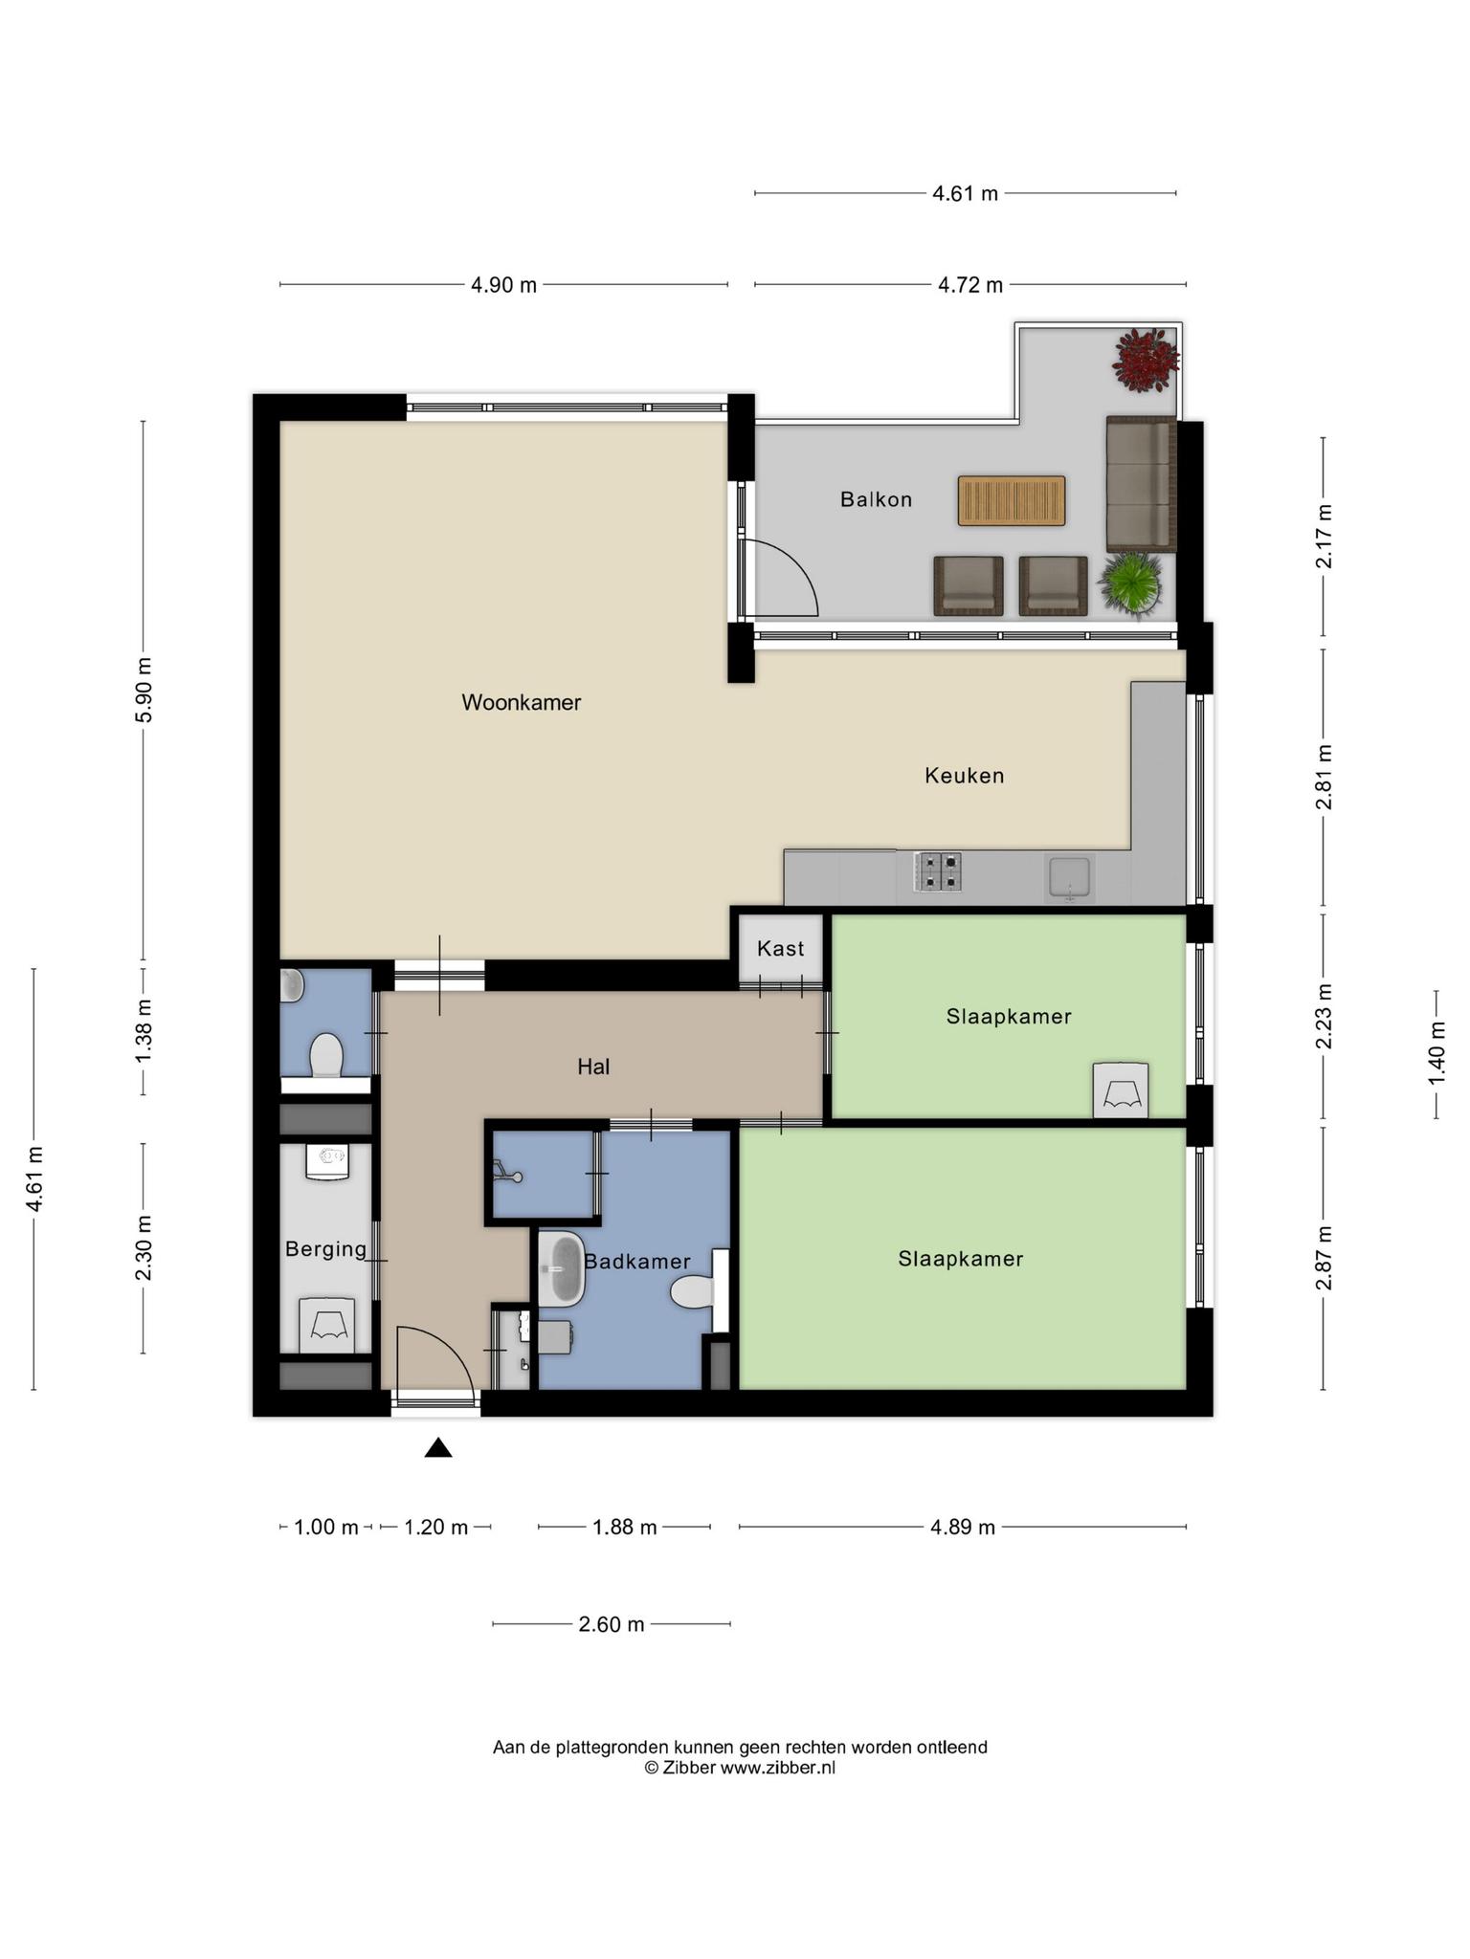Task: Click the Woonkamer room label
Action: point(522,702)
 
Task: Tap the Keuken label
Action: point(965,776)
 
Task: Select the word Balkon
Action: point(877,499)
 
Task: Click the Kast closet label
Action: point(781,949)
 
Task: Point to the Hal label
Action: point(593,1067)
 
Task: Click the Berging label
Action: point(325,1249)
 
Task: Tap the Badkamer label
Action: point(637,1262)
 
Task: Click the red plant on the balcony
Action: point(1146,360)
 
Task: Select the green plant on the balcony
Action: point(1132,583)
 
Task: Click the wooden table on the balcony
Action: point(1012,500)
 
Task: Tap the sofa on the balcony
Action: point(1141,484)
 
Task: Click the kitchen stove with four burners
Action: point(938,871)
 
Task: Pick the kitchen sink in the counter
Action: point(1070,877)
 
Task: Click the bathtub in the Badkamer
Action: point(561,1269)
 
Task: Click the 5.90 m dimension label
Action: point(144,691)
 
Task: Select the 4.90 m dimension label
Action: point(503,285)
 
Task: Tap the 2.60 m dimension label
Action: point(612,1624)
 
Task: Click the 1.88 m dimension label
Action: point(624,1527)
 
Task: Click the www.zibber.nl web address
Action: point(777,1768)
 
